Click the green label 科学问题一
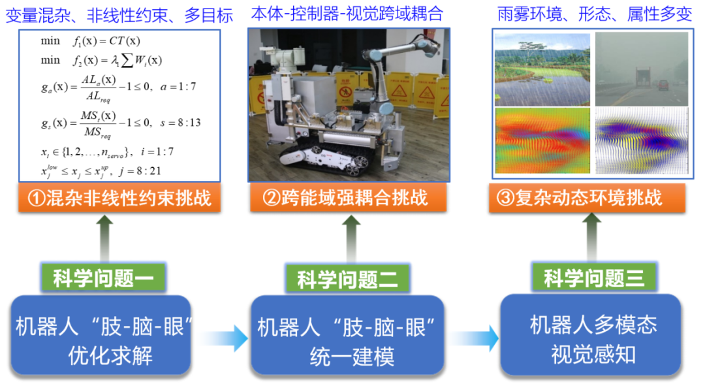click(104, 280)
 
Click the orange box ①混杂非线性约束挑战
click(119, 198)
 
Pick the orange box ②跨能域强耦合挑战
click(347, 198)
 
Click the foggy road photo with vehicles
click(641, 69)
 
